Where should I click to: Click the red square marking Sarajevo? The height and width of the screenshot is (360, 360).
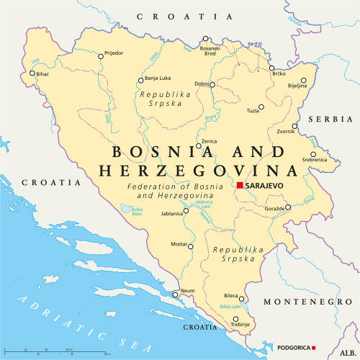click(x=240, y=186)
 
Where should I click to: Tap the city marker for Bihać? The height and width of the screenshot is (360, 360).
click(x=32, y=73)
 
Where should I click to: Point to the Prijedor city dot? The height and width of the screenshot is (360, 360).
click(x=101, y=53)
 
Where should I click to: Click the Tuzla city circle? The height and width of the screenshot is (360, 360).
click(x=261, y=107)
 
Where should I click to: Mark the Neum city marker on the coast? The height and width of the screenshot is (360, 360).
click(x=175, y=294)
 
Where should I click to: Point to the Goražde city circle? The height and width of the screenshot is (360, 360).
click(x=287, y=207)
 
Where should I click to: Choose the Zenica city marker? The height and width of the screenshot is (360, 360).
click(x=199, y=146)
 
